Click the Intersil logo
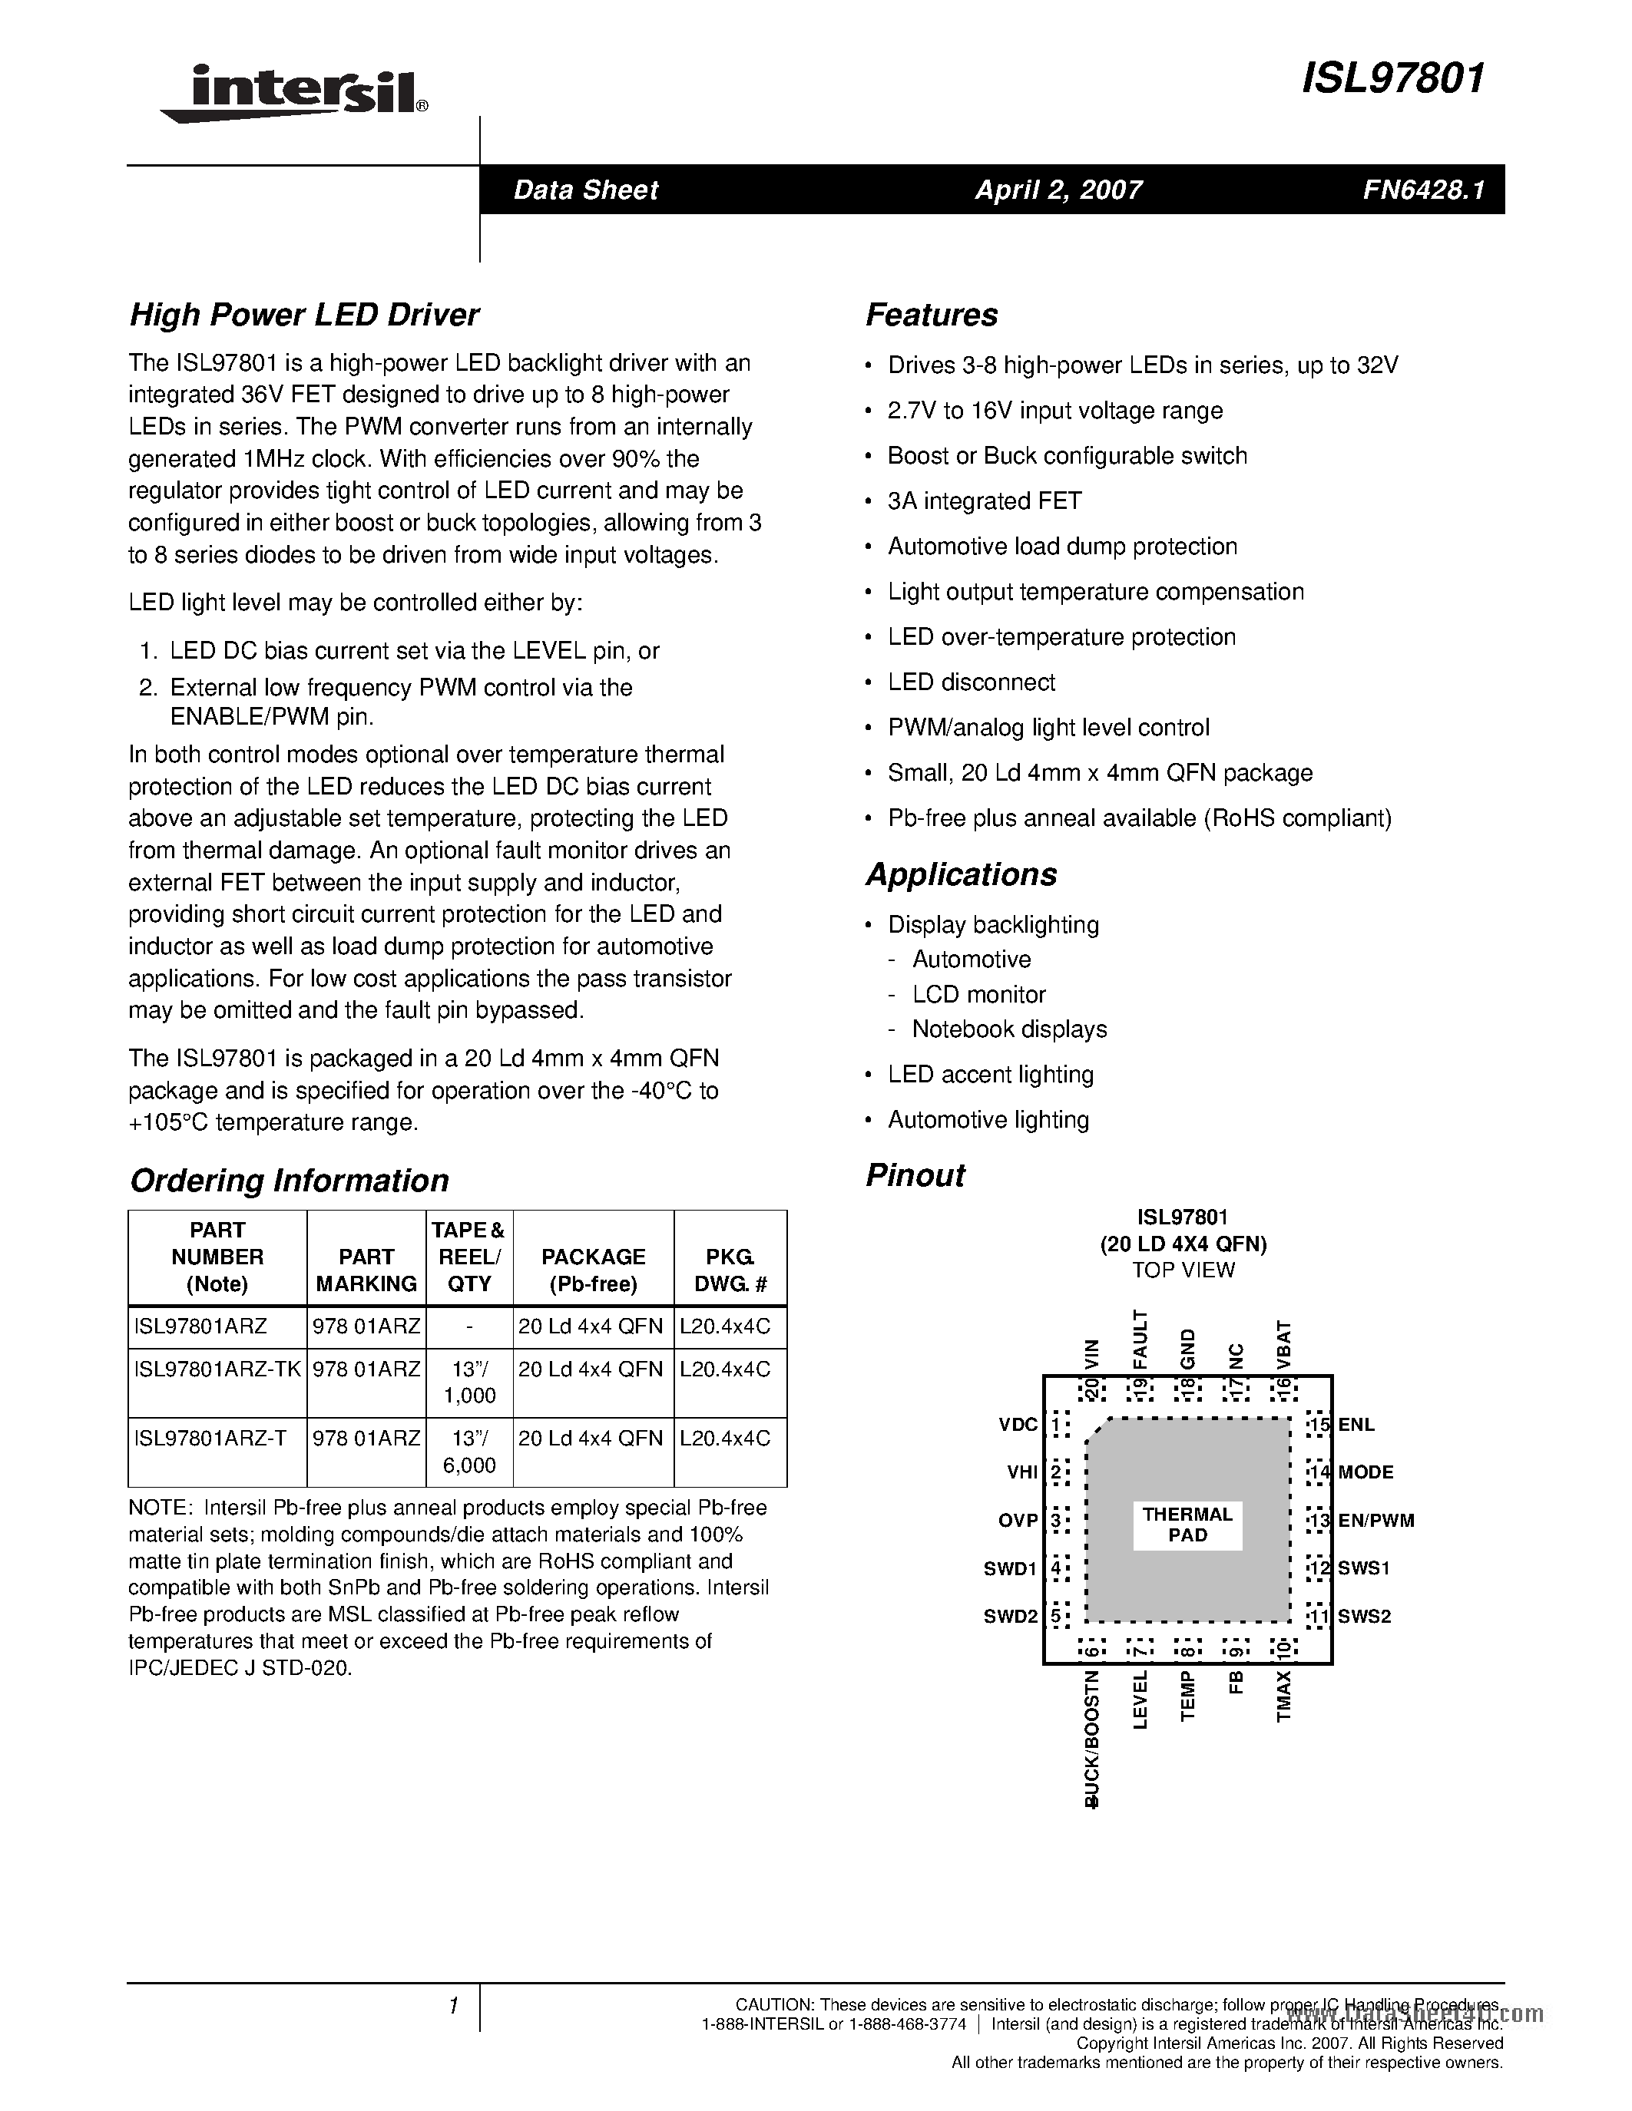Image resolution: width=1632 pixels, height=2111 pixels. click(295, 93)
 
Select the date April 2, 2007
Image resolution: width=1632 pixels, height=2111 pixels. click(1058, 190)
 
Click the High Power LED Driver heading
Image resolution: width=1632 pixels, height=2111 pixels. click(305, 315)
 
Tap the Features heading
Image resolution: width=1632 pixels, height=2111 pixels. click(931, 315)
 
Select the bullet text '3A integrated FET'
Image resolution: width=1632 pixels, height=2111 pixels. click(985, 500)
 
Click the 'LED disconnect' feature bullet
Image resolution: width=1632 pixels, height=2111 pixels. click(971, 682)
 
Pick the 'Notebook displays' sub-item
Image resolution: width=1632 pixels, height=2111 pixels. click(1009, 1029)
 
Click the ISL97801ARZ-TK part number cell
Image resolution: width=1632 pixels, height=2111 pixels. click(217, 1369)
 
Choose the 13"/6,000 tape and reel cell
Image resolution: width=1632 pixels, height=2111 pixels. click(469, 1452)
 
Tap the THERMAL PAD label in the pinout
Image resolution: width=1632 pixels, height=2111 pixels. click(1187, 1525)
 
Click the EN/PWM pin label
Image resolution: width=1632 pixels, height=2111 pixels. click(1375, 1521)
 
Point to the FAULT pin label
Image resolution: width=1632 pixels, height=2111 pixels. click(1140, 1339)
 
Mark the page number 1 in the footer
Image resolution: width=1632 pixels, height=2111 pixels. click(452, 2007)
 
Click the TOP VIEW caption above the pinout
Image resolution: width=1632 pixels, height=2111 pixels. click(1183, 1270)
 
